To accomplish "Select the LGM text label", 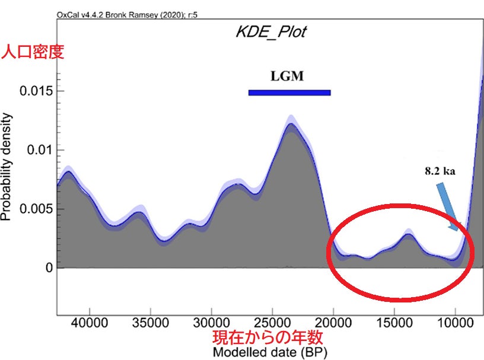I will [287, 77].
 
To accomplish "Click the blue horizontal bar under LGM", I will [289, 93].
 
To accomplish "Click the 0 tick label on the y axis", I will [50, 268].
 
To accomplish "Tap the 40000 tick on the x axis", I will [90, 324].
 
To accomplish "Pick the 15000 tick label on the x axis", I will [394, 324].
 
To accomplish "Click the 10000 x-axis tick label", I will [455, 324].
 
